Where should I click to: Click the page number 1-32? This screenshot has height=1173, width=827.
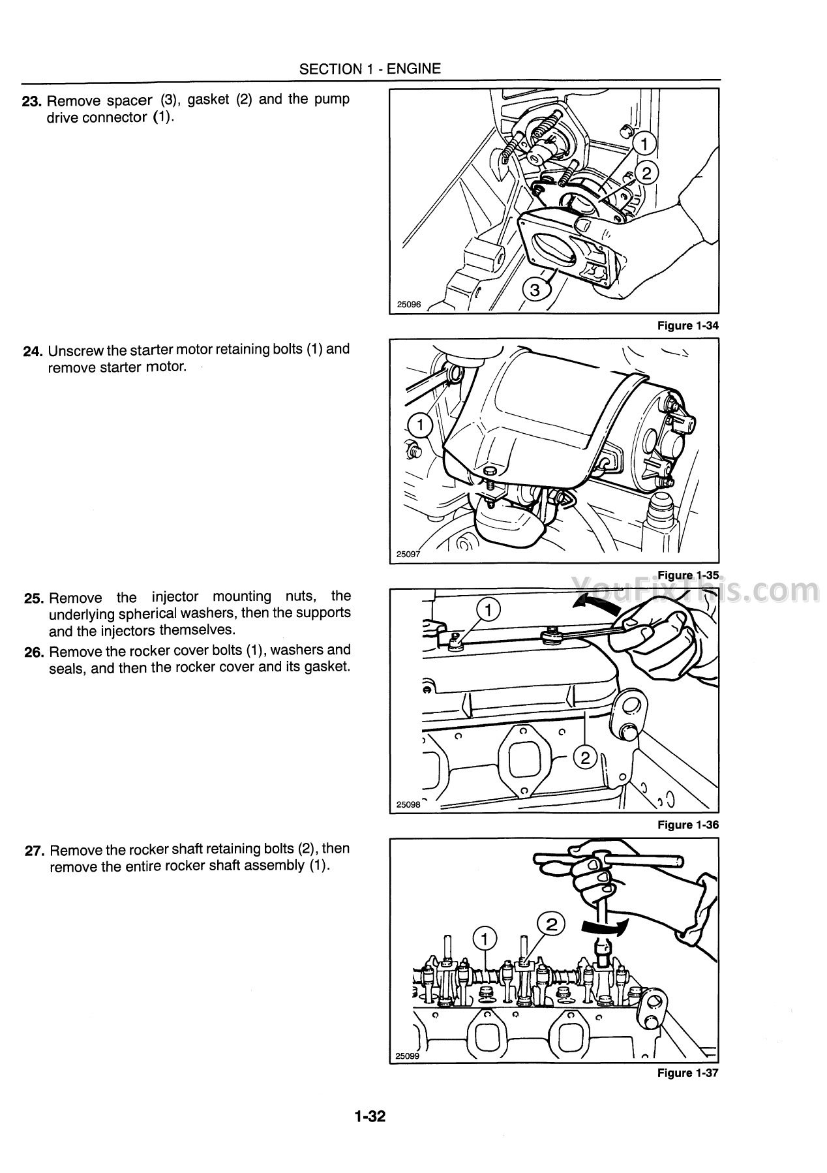tap(370, 1117)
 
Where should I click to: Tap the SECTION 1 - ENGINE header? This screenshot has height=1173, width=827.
tap(370, 69)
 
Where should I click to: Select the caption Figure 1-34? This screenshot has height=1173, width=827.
tap(688, 326)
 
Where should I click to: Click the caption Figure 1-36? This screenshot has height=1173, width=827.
tap(688, 825)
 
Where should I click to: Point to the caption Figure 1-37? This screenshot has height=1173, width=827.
tap(688, 1073)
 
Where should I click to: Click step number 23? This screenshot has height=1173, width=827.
tap(33, 101)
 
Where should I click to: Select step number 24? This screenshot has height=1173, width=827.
tap(33, 351)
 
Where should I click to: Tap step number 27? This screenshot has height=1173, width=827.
tap(33, 851)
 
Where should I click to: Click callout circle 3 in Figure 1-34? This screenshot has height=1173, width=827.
tap(535, 290)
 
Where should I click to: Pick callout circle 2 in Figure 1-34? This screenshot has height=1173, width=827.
tap(646, 173)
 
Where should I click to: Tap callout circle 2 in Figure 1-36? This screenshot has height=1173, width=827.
tap(585, 757)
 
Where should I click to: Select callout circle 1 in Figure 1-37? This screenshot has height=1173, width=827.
tap(483, 938)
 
